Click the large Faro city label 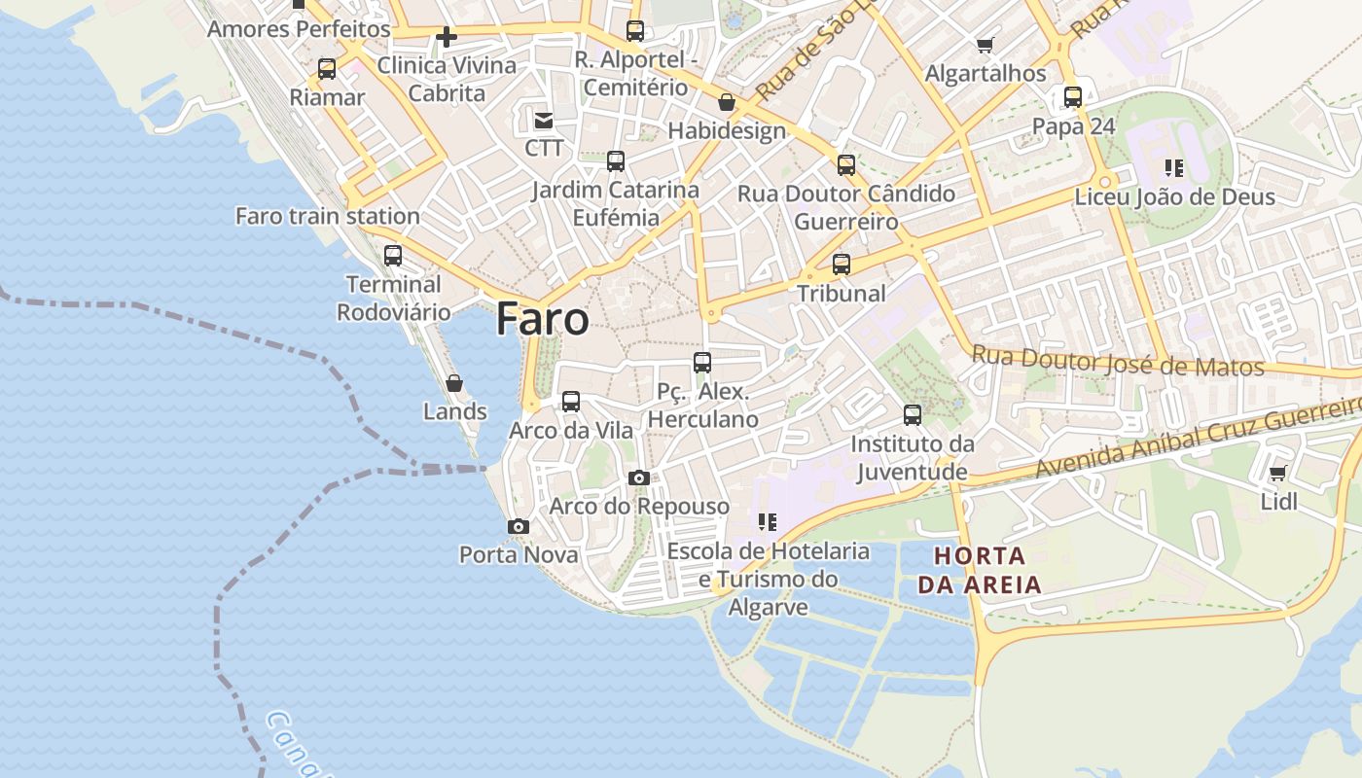(x=542, y=320)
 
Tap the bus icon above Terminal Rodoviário (x=393, y=256)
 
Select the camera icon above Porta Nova (x=519, y=526)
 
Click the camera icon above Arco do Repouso (x=639, y=477)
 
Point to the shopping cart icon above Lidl (x=1278, y=474)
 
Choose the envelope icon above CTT (x=544, y=121)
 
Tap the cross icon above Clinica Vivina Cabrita (x=447, y=37)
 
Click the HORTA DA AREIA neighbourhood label (x=979, y=571)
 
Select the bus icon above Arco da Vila (x=571, y=401)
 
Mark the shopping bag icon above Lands (x=454, y=383)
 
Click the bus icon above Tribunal (x=842, y=264)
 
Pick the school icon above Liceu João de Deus (x=1174, y=168)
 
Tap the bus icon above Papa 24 (x=1073, y=97)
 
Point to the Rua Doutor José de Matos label (x=1118, y=362)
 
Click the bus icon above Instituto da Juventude (x=913, y=415)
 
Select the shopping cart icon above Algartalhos (x=986, y=45)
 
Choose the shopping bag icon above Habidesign (x=727, y=102)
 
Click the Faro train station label (x=328, y=216)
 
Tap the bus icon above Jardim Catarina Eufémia (x=616, y=161)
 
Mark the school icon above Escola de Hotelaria (x=768, y=522)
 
